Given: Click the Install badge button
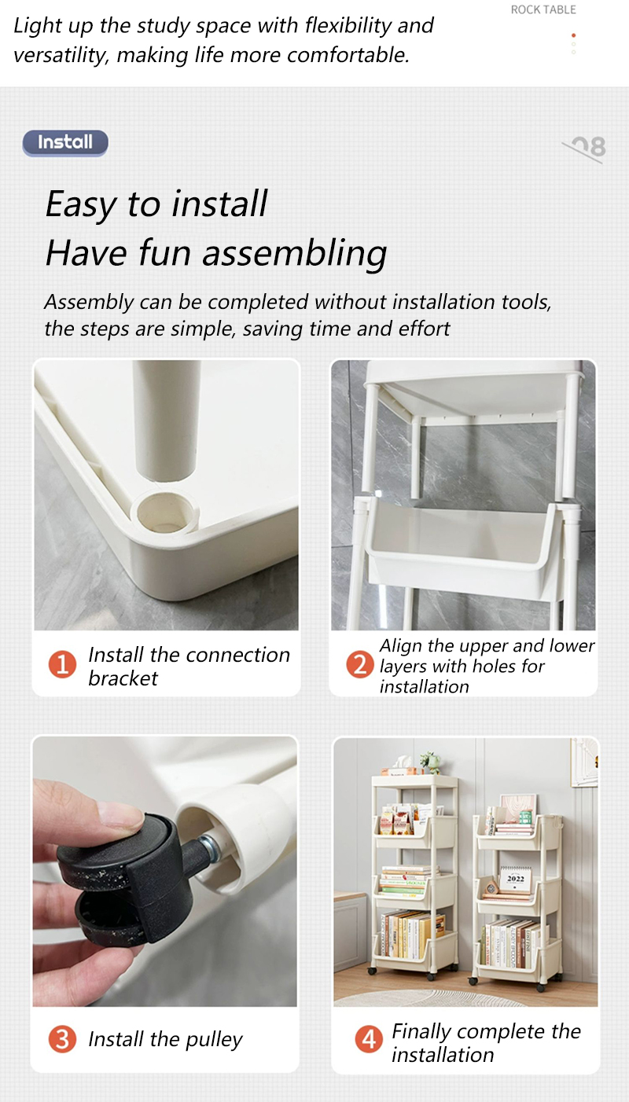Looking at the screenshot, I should click(65, 142).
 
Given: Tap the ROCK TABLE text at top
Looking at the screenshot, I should click(543, 10).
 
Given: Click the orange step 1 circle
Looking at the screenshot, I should click(62, 665).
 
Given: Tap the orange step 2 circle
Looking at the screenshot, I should click(359, 665).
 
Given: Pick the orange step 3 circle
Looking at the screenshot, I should click(62, 1039).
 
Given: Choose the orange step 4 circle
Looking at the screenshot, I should click(368, 1040).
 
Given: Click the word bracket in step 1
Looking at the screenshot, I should click(123, 678).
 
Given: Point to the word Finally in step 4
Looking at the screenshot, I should click(422, 1031).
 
